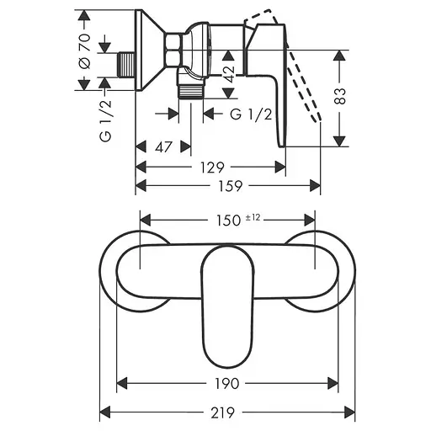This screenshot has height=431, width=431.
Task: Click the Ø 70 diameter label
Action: (85, 51)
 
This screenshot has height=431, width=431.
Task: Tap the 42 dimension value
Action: (230, 74)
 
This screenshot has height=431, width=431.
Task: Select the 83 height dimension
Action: (340, 96)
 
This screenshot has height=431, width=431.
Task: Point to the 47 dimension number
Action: (163, 147)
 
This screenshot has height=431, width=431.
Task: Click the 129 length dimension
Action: (212, 168)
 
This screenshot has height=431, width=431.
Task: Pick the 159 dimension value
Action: (230, 186)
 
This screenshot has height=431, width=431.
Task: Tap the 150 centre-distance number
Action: (228, 221)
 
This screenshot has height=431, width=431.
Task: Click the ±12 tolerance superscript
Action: (253, 217)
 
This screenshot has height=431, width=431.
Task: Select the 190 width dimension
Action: (227, 384)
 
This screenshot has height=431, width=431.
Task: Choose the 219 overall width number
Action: (223, 412)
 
